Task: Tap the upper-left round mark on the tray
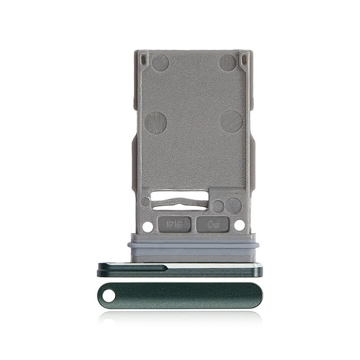click(160, 62)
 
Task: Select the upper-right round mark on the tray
click(227, 62)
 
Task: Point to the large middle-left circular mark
click(156, 122)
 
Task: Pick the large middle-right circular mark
click(231, 121)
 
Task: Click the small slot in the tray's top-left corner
click(144, 59)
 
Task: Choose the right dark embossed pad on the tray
click(212, 224)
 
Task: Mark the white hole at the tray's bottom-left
click(147, 227)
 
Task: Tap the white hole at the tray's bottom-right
click(240, 227)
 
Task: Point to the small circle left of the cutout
click(146, 202)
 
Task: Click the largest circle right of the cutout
click(233, 206)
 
